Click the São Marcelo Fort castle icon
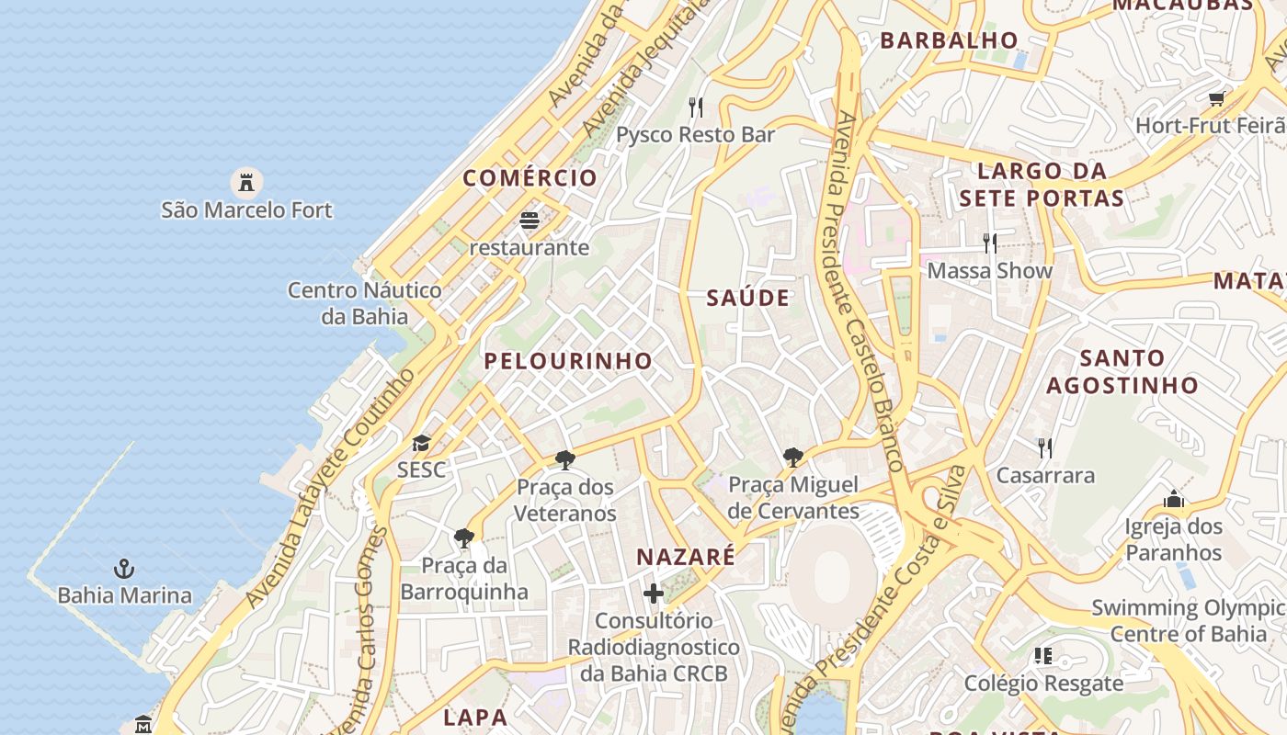click(x=246, y=181)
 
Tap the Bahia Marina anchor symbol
click(x=124, y=569)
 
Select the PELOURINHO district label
click(x=568, y=361)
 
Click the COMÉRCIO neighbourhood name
click(x=530, y=178)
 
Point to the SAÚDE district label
click(x=748, y=298)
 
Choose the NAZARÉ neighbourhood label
click(x=686, y=557)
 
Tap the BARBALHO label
click(x=950, y=40)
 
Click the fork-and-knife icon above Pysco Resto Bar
click(x=696, y=107)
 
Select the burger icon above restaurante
click(x=529, y=220)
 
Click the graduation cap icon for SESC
click(x=421, y=444)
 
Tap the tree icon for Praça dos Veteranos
click(x=565, y=459)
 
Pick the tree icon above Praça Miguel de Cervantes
click(x=793, y=457)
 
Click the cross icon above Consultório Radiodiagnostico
click(x=654, y=594)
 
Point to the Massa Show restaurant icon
click(x=990, y=243)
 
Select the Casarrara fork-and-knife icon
click(x=1045, y=448)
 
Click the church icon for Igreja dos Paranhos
click(x=1174, y=499)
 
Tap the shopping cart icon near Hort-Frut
click(x=1217, y=98)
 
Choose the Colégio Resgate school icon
click(x=1043, y=656)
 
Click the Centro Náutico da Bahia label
click(x=365, y=303)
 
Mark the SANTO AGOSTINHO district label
click(x=1122, y=371)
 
